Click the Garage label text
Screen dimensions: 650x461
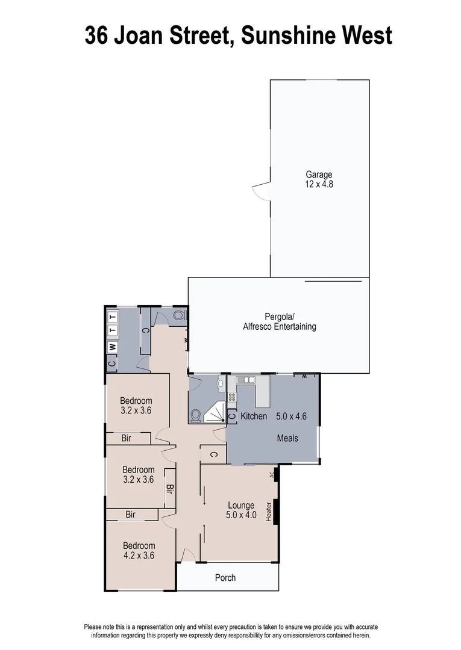[x=319, y=175]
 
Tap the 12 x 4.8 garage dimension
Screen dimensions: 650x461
[x=319, y=185]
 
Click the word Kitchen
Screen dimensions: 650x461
[x=254, y=416]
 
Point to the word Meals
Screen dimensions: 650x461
[x=287, y=438]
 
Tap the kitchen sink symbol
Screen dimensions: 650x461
[x=245, y=380]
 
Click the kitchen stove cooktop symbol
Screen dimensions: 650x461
[x=231, y=397]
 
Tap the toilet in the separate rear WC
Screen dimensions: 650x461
[x=178, y=315]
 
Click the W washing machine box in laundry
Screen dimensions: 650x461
[x=112, y=347]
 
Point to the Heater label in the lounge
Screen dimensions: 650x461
[x=269, y=512]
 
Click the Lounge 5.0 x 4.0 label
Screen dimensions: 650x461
[x=241, y=510]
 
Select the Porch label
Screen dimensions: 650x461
[x=225, y=578]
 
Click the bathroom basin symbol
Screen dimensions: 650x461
[x=221, y=382]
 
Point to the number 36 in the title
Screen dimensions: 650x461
[x=98, y=36]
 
